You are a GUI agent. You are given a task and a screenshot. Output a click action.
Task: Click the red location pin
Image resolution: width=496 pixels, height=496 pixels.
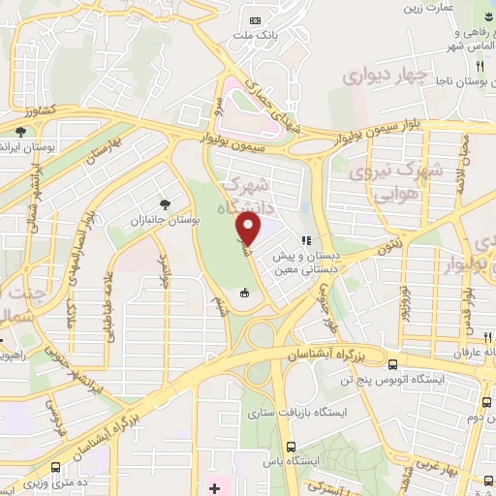249,231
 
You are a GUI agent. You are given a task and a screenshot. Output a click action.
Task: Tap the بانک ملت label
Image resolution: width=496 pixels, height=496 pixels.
254,37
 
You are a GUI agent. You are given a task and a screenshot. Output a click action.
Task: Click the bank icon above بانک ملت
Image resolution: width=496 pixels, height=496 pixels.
255,20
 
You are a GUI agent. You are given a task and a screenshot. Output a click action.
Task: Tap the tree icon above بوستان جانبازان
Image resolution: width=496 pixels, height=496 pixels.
167,204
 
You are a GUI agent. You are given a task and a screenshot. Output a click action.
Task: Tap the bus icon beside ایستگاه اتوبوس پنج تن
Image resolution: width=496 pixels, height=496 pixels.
391,365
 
